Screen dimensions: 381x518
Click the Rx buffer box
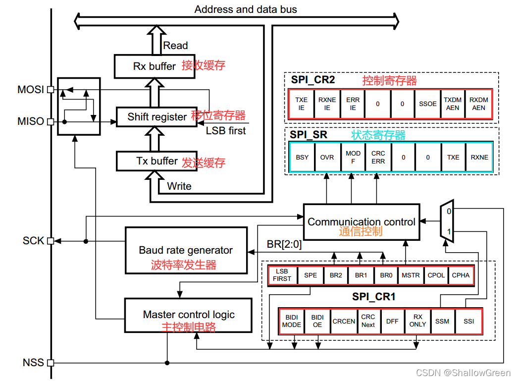[x=155, y=66]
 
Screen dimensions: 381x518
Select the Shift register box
[x=157, y=117]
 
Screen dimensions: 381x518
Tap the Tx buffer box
[x=156, y=161]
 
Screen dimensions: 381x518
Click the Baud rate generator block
[x=186, y=250]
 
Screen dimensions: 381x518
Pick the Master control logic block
[x=189, y=315]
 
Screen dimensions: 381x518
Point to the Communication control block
[x=361, y=222]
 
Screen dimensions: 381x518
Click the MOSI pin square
[x=50, y=90]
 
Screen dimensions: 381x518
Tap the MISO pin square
[x=50, y=121]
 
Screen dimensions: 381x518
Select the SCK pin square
[x=50, y=241]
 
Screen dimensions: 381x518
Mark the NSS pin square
[x=50, y=363]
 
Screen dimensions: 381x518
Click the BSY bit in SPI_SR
[x=302, y=157]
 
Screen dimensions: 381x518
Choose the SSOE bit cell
[x=427, y=104]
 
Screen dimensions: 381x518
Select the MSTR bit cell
[x=411, y=275]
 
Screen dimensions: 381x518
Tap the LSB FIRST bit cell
[x=282, y=275]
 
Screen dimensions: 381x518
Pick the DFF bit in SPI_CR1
[x=392, y=321]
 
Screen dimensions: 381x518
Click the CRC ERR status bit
[x=378, y=157]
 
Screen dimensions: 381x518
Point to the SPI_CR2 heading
[x=313, y=80]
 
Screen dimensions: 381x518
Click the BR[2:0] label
[x=284, y=244]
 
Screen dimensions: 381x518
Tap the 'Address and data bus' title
[x=246, y=9]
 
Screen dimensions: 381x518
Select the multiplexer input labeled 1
[x=449, y=232]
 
